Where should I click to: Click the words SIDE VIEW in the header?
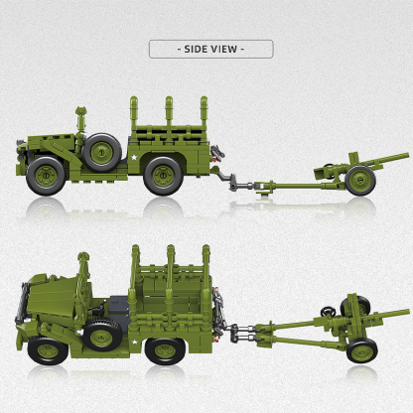(209, 48)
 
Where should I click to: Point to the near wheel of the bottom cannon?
(361, 350)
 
